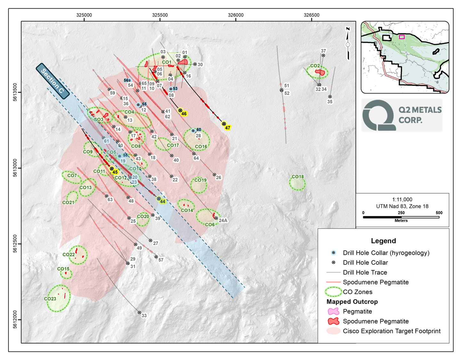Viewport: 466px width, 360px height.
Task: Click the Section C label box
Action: point(52,81)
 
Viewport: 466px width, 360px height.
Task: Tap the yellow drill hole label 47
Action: point(228,128)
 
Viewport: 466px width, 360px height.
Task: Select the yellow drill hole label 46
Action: point(184,114)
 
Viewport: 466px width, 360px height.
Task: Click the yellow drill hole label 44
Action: point(163,201)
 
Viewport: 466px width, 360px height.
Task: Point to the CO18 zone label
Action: point(298,177)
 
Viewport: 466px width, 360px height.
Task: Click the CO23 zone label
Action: point(50,299)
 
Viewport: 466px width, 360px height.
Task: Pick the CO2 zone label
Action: point(315,66)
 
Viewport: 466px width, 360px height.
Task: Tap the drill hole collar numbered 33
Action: point(139,312)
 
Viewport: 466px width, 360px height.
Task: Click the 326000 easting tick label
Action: point(236,15)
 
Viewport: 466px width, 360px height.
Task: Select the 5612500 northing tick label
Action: point(15,244)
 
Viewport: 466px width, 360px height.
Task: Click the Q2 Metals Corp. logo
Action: point(402,115)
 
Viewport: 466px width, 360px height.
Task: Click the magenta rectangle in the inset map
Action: point(402,37)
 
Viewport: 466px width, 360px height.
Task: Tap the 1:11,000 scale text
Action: point(402,199)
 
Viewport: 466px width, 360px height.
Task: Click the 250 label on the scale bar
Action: point(401,213)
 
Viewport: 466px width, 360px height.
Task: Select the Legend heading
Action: point(383,241)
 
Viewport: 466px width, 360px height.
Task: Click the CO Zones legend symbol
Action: point(333,292)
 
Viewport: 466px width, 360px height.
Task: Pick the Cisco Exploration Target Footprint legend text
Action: point(391,331)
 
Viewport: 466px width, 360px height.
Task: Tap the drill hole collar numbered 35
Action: point(330,97)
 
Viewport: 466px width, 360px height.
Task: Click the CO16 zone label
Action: point(201,147)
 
